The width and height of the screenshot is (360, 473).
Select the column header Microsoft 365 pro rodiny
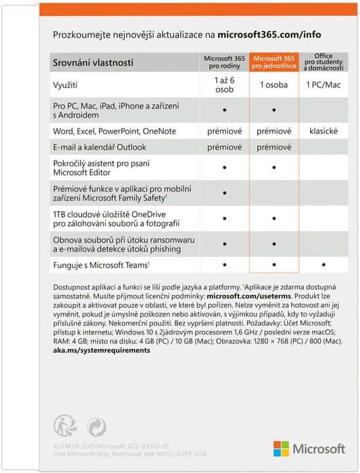point(224,60)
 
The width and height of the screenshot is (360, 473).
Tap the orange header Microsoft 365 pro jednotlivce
point(274,60)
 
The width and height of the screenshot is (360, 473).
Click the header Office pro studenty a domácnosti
point(323,60)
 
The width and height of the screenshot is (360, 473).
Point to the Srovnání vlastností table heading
point(93,63)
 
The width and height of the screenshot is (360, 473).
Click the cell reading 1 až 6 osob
point(224,85)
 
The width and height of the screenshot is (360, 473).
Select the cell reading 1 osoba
point(274,85)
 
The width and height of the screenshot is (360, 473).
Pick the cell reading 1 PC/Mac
point(323,85)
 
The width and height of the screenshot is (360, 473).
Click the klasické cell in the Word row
point(323,131)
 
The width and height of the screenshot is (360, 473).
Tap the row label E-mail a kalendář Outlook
point(99,147)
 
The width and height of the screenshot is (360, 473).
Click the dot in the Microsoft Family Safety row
point(224,193)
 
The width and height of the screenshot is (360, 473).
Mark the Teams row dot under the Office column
point(323,265)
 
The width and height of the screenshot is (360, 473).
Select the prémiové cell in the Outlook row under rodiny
point(224,147)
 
